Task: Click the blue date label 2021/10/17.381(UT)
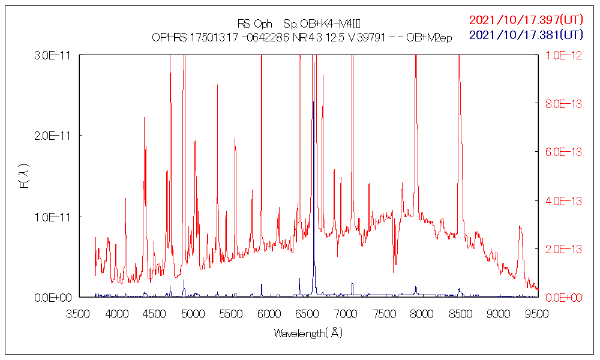[x=526, y=35]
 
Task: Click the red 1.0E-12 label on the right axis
[x=563, y=55]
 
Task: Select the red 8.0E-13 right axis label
[x=563, y=103]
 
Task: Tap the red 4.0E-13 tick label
[x=563, y=200]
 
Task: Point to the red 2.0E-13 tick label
[x=563, y=248]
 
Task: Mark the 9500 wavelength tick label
[x=536, y=314]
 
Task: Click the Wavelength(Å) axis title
[x=308, y=333]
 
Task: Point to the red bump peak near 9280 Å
[x=520, y=226]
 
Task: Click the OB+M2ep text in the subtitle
[x=429, y=37]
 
